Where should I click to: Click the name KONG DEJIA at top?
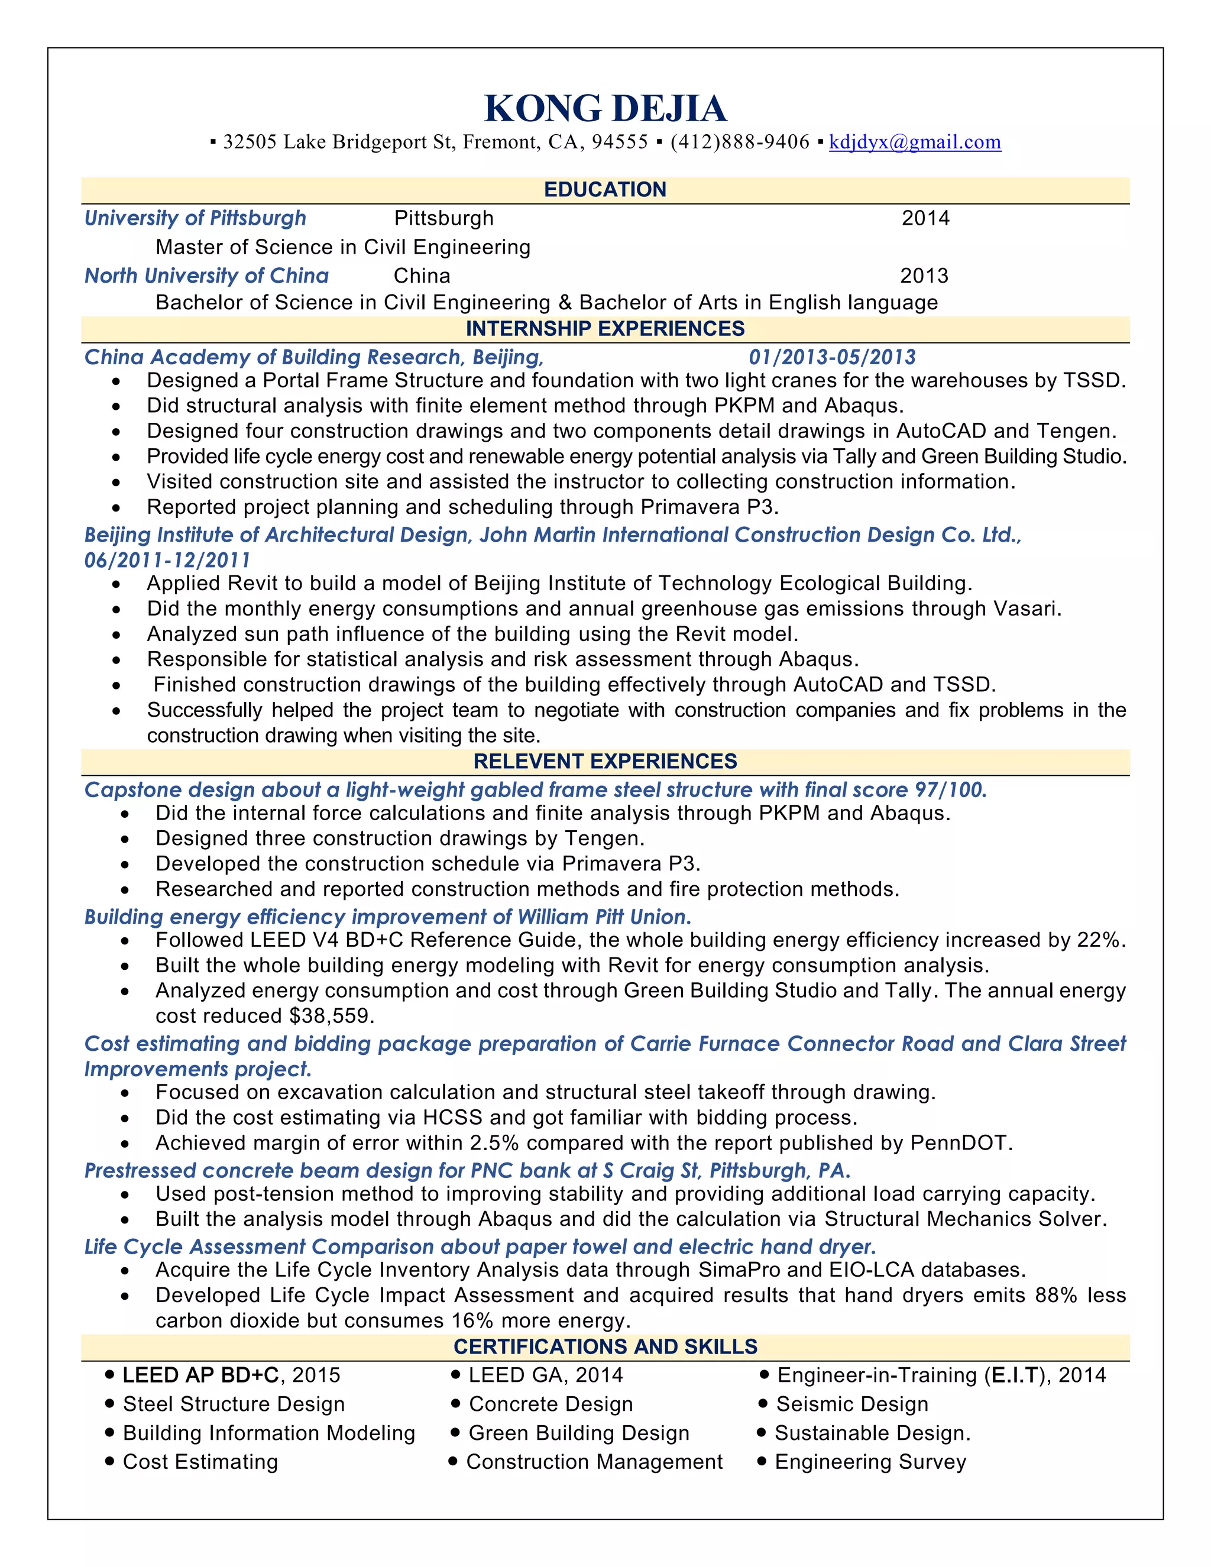coord(605,109)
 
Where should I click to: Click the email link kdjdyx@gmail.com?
coord(915,142)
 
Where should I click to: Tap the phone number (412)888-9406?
coord(740,142)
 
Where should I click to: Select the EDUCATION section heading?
coord(605,189)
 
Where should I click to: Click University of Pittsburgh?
coord(195,218)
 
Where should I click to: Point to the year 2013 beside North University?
coord(924,276)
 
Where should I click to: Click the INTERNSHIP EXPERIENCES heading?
coord(605,329)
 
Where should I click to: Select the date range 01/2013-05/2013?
coord(832,357)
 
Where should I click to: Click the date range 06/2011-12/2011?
coord(167,561)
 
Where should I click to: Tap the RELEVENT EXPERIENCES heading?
coord(605,761)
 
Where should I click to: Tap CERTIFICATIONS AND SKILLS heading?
coord(605,1346)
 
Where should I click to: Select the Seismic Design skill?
coord(851,1404)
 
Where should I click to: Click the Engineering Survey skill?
coord(870,1462)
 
